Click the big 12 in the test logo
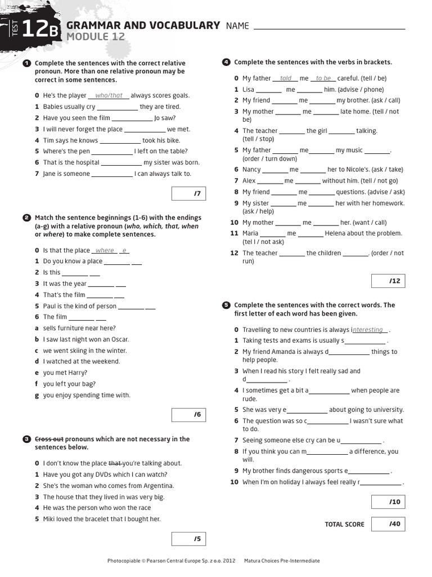pyautogui.click(x=36, y=29)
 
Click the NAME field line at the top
pyautogui.click(x=330, y=28)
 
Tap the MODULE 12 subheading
pyautogui.click(x=96, y=37)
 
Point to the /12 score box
pyautogui.click(x=388, y=281)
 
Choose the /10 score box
pyautogui.click(x=388, y=502)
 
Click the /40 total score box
pyautogui.click(x=388, y=524)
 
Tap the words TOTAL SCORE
pyautogui.click(x=344, y=525)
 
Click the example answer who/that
pyautogui.click(x=109, y=96)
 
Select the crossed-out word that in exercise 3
pyautogui.click(x=115, y=463)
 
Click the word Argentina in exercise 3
pyautogui.click(x=158, y=486)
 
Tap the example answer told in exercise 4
pyautogui.click(x=286, y=78)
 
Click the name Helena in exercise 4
pyautogui.click(x=335, y=233)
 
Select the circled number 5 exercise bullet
pyautogui.click(x=226, y=305)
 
